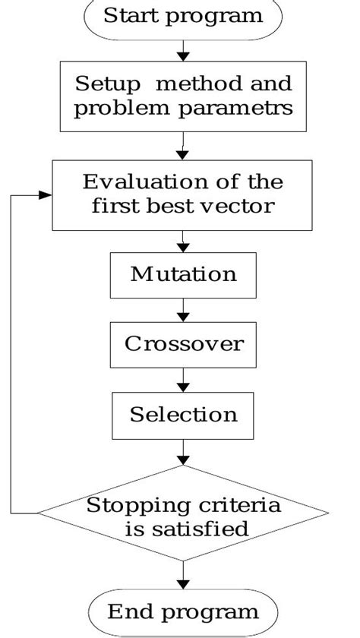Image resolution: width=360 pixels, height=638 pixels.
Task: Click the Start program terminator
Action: pos(182,16)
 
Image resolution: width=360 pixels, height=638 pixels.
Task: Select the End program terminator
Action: pos(182,611)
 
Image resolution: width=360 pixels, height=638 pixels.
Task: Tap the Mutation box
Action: pos(183,274)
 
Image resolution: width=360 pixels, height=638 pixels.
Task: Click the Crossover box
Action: pos(183,344)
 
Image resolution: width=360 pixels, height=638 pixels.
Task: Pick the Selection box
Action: pos(183,415)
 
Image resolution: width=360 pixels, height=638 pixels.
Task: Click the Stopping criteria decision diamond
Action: pos(183,516)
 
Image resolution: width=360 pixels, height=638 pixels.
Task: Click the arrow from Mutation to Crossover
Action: pos(183,310)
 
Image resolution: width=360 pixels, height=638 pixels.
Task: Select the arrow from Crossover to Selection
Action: pos(183,380)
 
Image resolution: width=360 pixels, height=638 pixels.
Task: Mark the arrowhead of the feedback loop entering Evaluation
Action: pos(45,195)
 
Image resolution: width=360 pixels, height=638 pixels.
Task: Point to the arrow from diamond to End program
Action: pos(183,574)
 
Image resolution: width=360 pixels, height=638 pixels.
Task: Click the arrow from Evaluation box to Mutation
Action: pos(183,241)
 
